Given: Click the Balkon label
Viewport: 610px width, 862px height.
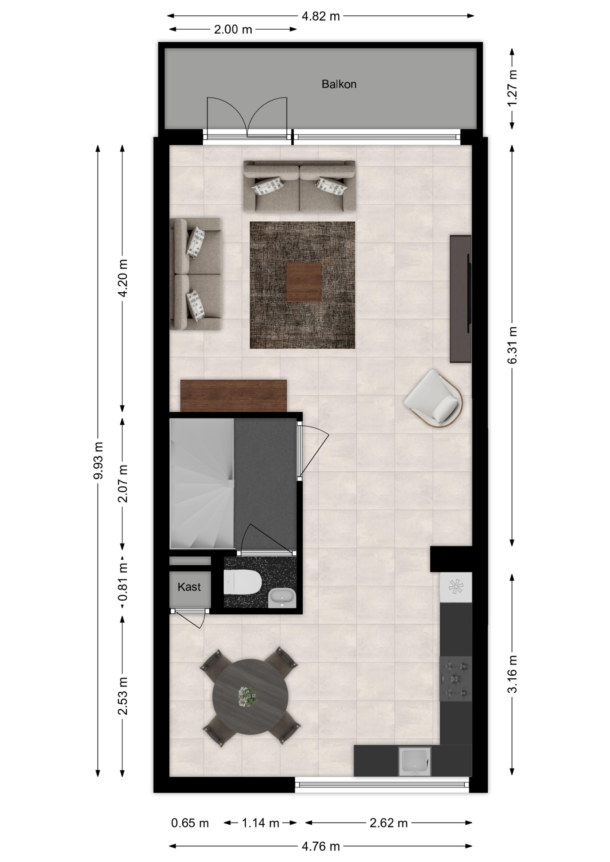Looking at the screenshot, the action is [x=339, y=84].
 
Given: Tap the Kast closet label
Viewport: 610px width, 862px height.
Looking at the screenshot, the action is [x=189, y=587].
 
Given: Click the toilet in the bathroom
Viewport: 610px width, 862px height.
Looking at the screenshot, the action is [x=243, y=582].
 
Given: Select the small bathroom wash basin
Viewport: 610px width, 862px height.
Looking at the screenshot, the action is [x=282, y=598].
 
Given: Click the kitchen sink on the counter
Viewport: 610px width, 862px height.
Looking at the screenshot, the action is [x=414, y=761].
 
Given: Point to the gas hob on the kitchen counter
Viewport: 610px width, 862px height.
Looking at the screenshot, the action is [x=455, y=678].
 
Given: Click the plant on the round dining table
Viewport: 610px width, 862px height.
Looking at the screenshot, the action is [x=247, y=697].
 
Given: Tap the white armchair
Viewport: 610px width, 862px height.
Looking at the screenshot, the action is [x=433, y=399].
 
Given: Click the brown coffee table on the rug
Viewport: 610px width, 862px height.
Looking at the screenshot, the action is [x=304, y=282].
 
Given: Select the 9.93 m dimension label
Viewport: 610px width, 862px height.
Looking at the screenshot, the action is [x=98, y=460].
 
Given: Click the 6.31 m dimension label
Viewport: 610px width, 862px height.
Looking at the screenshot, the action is [x=513, y=345].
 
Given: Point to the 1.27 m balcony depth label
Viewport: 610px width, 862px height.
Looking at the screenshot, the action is [x=513, y=88].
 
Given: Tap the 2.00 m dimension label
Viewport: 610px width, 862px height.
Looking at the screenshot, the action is [x=233, y=30].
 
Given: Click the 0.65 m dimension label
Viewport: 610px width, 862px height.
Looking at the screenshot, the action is [x=190, y=823].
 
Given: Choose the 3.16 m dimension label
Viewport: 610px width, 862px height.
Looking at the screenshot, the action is [x=513, y=674].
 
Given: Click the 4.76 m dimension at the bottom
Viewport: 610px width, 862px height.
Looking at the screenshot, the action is [x=321, y=846].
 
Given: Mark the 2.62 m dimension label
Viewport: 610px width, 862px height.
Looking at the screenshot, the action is [x=389, y=823].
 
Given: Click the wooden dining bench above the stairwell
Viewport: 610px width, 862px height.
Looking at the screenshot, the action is [x=234, y=396].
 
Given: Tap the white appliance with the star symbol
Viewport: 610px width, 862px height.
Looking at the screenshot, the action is [x=455, y=587].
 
